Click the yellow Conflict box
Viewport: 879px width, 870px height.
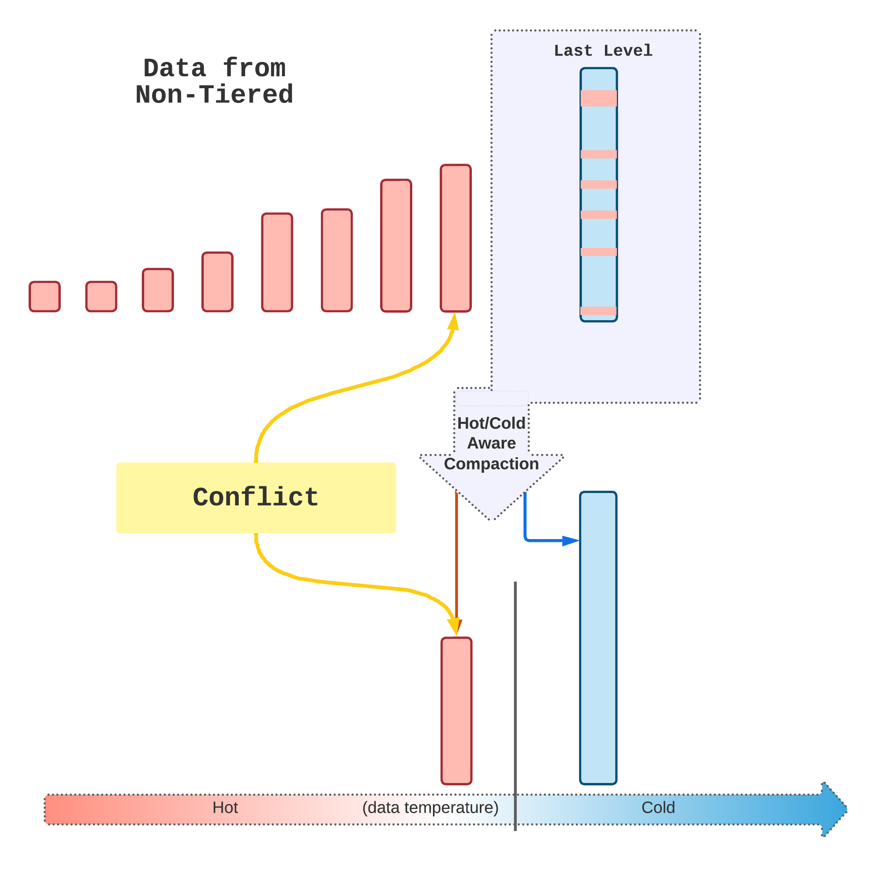256,497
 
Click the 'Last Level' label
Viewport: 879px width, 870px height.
603,50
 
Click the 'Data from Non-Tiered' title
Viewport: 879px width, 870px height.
214,81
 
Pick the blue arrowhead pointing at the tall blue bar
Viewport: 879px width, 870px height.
570,541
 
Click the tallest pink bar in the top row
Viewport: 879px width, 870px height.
456,238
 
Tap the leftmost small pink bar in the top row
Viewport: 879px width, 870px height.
44,296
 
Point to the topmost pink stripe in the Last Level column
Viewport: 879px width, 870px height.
599,98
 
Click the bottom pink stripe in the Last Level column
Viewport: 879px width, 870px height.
599,311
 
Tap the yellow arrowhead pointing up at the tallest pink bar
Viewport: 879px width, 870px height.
454,322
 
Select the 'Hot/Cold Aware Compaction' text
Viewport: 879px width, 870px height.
491,443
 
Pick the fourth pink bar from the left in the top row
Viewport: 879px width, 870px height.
218,282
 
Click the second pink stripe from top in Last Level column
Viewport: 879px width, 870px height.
599,154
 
